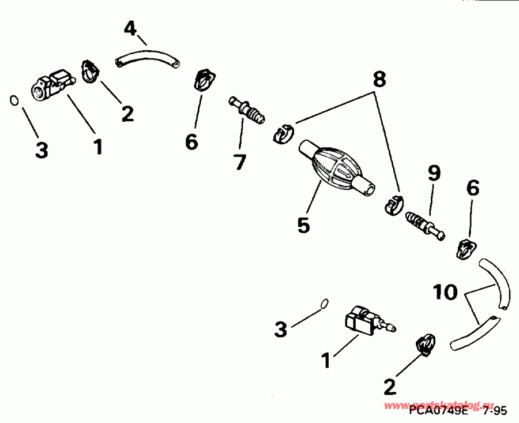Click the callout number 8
[x=378, y=80]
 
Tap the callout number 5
[x=303, y=224]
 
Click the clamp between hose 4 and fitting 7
[x=203, y=79]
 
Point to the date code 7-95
[x=495, y=411]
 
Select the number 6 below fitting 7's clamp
[x=191, y=141]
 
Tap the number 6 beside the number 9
[x=472, y=189]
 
